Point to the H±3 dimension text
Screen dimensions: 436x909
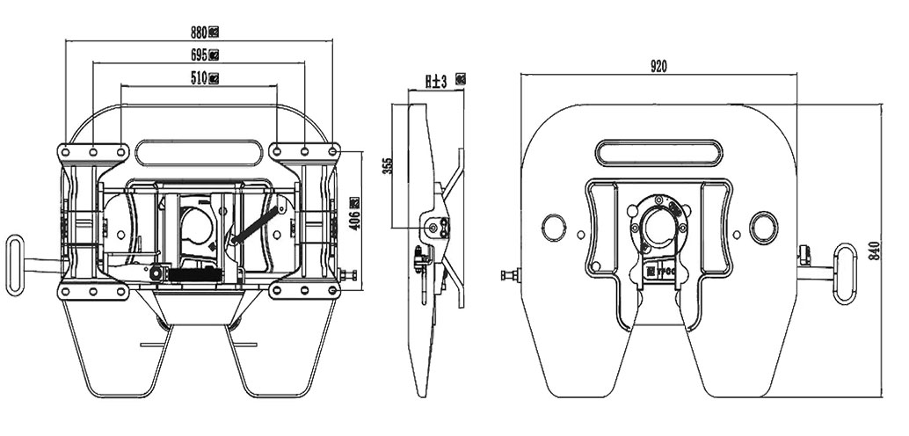coord(436,81)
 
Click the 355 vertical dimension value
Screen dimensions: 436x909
coord(388,166)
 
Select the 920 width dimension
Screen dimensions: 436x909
coord(659,66)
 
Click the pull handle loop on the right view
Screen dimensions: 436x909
coord(845,273)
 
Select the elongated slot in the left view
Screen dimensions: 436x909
coord(200,152)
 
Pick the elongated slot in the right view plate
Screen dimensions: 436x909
coord(658,152)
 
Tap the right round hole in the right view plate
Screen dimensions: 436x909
coord(762,228)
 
